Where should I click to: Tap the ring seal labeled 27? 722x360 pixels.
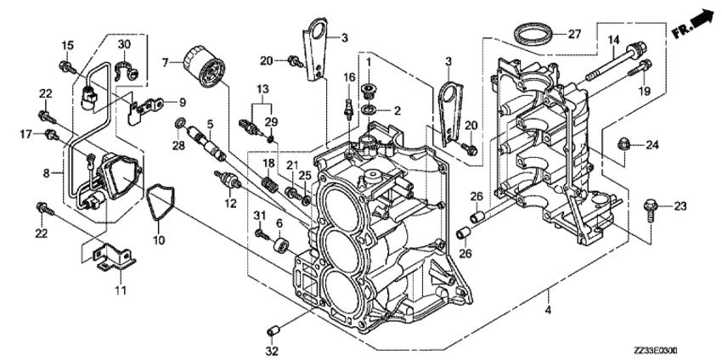533,35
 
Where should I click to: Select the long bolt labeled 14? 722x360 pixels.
616,62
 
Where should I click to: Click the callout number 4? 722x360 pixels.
548,310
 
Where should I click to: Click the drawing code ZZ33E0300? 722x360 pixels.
657,352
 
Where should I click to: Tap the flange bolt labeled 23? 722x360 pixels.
651,208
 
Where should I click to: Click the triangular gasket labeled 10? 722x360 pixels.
161,203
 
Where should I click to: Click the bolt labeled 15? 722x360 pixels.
68,68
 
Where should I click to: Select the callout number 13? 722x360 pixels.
262,89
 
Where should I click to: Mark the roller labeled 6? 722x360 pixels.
281,245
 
